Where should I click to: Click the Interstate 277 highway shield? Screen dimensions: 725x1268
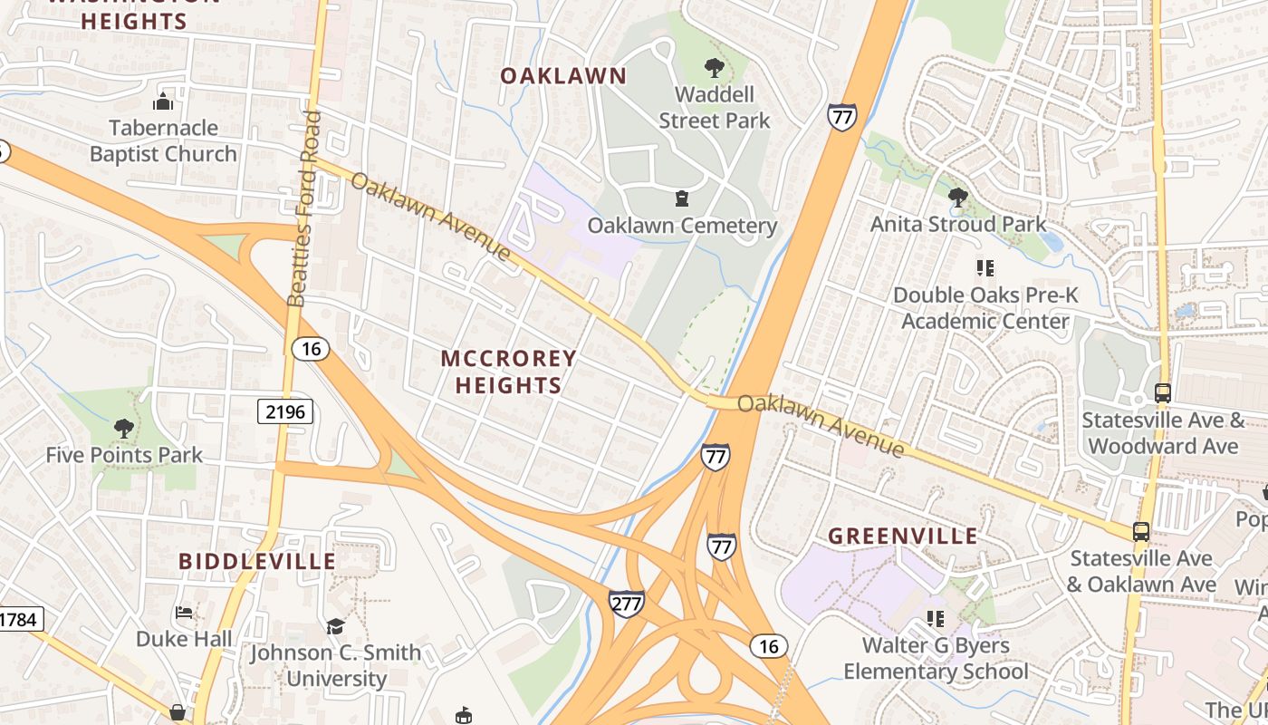pos(627,604)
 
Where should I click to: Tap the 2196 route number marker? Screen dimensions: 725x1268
pos(284,412)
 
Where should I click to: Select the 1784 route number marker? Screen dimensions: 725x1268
pos(18,620)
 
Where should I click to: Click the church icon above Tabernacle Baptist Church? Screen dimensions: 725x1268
pos(163,101)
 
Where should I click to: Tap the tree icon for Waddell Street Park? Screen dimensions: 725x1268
pos(714,67)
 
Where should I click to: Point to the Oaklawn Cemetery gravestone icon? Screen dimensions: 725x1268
pos(681,198)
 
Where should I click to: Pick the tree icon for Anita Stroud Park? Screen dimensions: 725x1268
pos(957,197)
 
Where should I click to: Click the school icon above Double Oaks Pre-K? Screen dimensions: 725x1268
pos(985,268)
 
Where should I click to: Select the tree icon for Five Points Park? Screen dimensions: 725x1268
pos(123,428)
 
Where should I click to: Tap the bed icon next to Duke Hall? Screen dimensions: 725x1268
pos(184,613)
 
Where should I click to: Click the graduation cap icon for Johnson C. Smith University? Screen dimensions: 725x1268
pos(335,626)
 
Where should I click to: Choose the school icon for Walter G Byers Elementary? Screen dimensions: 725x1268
pos(936,618)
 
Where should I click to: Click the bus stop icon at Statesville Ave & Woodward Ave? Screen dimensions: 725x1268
pos(1163,393)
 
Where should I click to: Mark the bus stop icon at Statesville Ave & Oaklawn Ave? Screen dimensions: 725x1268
pos(1141,532)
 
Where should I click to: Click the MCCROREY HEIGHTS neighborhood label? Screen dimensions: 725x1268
pos(508,372)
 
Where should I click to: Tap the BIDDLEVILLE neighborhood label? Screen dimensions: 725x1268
pos(257,561)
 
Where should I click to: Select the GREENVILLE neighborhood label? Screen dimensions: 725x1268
pos(903,536)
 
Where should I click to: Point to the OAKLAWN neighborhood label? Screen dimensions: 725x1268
pos(563,76)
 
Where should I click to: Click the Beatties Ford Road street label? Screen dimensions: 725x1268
pos(304,208)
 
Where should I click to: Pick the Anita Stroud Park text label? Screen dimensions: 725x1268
pos(958,224)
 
